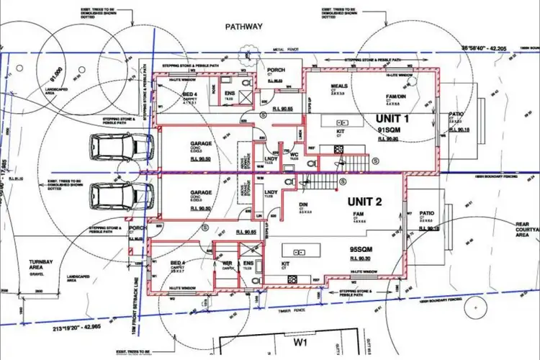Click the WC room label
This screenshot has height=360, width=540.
coord(294,153)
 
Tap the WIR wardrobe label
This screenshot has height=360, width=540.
coord(225,253)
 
